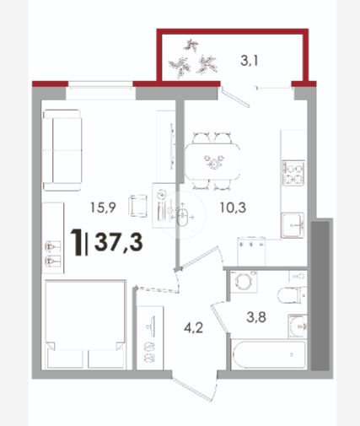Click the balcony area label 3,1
(x=249, y=61)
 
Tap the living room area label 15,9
(x=103, y=208)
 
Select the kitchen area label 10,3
(x=233, y=208)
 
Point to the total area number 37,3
(x=119, y=242)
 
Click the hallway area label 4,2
(x=193, y=328)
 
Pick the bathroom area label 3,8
(x=256, y=317)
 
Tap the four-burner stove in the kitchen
(x=293, y=173)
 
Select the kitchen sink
(x=293, y=225)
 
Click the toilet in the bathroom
(x=292, y=295)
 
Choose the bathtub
(x=268, y=354)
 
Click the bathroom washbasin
(x=298, y=326)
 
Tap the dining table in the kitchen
(x=212, y=162)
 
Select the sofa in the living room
(x=62, y=150)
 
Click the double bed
(x=84, y=325)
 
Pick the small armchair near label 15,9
(x=137, y=206)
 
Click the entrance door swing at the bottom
(x=194, y=390)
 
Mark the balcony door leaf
(x=235, y=97)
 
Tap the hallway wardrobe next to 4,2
(x=150, y=337)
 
